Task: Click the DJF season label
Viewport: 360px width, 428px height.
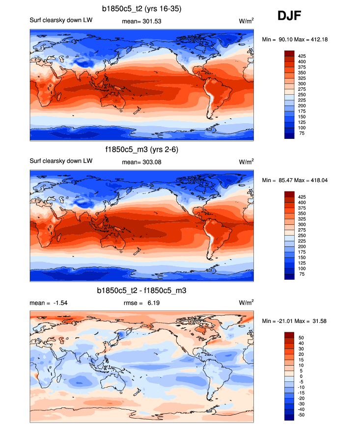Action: (x=289, y=16)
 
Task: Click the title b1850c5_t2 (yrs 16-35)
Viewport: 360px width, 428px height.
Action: (x=142, y=8)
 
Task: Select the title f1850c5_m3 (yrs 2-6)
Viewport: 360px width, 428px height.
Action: (x=142, y=149)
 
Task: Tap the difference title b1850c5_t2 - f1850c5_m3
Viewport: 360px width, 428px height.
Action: (x=142, y=291)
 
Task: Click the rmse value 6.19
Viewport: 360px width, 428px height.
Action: (x=152, y=303)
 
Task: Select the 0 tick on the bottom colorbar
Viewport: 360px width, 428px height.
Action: (x=301, y=376)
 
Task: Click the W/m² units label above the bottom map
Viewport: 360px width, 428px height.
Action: (x=247, y=302)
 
